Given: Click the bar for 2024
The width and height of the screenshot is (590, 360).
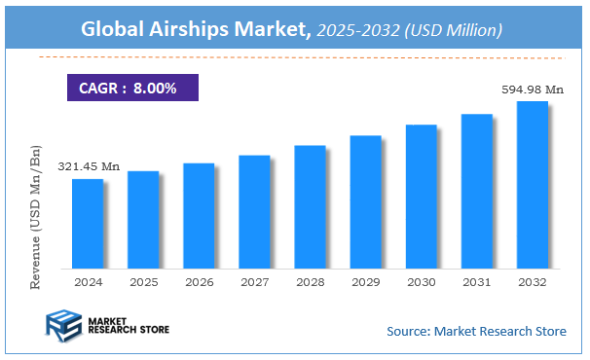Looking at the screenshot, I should [x=87, y=224].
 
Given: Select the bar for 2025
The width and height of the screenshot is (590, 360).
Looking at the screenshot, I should [x=142, y=220].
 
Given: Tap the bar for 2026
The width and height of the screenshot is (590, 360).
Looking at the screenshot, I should [x=198, y=216].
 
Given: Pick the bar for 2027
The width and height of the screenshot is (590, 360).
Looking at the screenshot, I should [x=254, y=212].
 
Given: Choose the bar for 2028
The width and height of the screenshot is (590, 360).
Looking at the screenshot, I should [x=310, y=207].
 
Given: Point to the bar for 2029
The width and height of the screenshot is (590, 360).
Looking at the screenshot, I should [x=365, y=202].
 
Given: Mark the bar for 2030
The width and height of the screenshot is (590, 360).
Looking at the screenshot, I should [x=421, y=197].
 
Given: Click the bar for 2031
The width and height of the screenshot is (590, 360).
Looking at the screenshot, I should [x=476, y=192].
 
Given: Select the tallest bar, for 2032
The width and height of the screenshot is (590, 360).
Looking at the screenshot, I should [x=532, y=185].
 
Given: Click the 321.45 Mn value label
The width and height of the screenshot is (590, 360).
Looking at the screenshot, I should [x=88, y=167].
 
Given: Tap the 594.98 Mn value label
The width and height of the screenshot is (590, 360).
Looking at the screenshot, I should [x=533, y=90].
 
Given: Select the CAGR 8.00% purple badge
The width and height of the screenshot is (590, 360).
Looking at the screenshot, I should [x=131, y=89].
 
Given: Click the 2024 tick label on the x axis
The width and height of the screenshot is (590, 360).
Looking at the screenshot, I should [x=87, y=281].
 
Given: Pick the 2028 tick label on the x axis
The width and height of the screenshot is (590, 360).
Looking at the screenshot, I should [x=310, y=281].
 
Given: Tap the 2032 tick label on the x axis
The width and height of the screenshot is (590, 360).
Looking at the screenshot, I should [x=532, y=281].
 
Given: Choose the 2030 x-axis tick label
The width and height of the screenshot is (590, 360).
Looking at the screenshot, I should [x=421, y=281].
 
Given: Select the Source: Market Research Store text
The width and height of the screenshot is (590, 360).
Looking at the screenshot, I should [x=476, y=332].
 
